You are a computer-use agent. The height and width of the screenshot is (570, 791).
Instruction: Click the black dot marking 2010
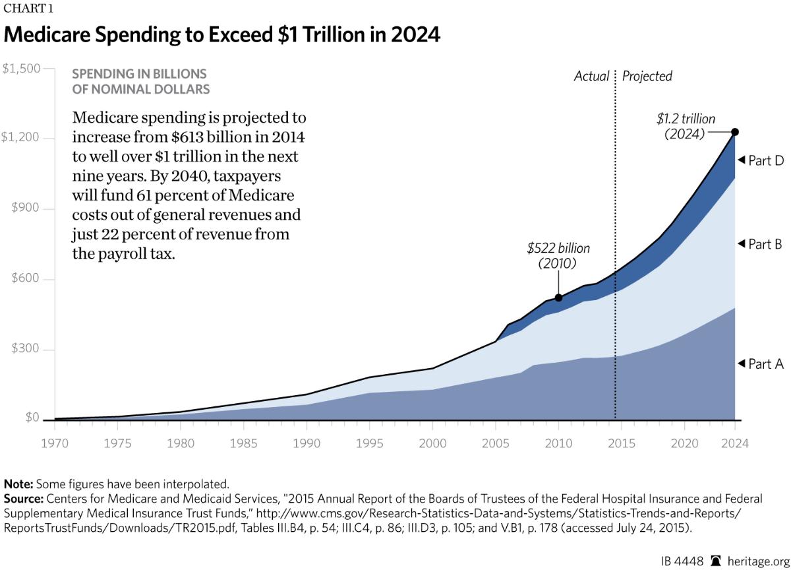[x=559, y=298]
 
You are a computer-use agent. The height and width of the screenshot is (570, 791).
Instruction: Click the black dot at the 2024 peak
[x=736, y=132]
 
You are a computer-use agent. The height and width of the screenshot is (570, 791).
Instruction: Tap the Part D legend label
[x=765, y=160]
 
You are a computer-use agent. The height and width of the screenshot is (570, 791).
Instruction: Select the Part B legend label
[x=765, y=244]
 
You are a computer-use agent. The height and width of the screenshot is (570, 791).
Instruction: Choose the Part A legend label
[x=765, y=364]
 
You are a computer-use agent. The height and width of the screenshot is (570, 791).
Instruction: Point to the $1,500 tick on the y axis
[x=22, y=69]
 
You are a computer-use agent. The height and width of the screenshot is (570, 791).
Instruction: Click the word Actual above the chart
[x=591, y=77]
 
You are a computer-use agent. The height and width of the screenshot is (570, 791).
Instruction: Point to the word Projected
[x=647, y=77]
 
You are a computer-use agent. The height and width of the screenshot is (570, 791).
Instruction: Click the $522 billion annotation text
[x=558, y=249]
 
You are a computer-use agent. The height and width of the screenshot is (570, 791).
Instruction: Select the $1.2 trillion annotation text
[x=686, y=119]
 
